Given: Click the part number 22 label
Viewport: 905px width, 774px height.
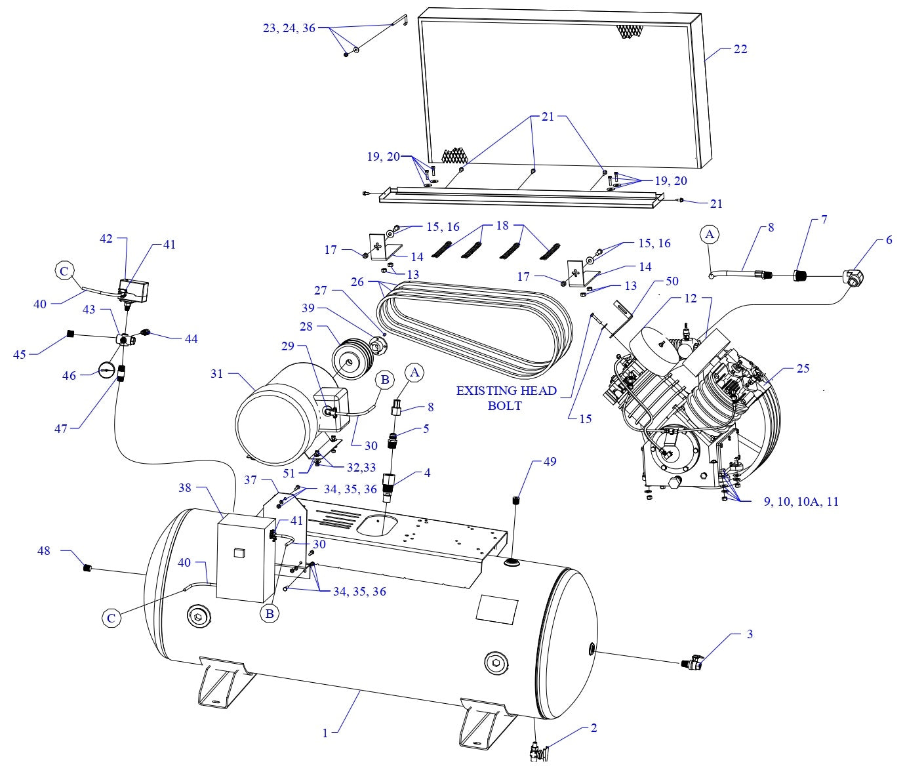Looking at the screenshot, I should point(740,49).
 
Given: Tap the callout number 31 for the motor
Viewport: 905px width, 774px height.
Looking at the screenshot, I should point(216,374).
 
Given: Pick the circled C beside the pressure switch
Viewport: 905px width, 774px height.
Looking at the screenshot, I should point(64,270).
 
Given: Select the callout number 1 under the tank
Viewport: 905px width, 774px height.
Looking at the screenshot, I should point(325,733).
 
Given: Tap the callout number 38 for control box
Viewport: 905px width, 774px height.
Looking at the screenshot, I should point(185,488).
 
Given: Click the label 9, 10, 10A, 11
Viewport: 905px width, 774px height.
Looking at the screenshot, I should point(800,502).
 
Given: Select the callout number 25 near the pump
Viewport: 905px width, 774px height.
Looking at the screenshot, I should point(803,368).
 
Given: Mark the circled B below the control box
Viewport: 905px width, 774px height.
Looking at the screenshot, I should point(268,614).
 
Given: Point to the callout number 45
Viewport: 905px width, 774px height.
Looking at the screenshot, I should point(21,354).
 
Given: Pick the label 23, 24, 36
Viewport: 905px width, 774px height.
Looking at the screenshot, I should point(289,28).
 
